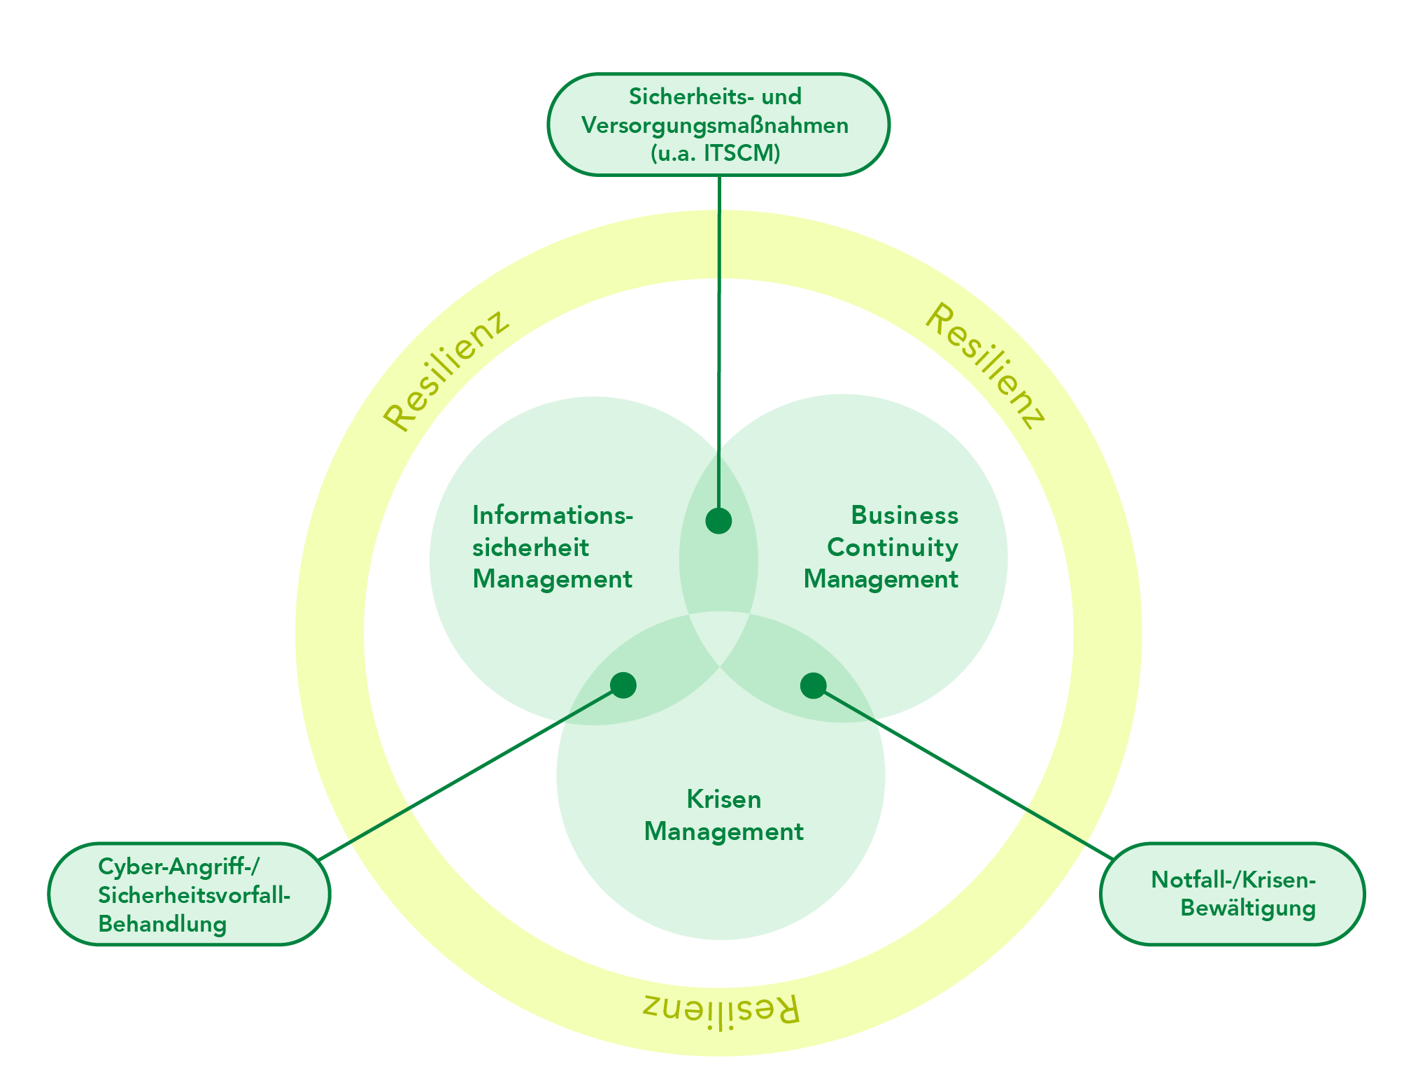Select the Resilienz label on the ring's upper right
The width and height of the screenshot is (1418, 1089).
[985, 366]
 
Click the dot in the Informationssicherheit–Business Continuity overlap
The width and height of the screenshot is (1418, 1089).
[718, 520]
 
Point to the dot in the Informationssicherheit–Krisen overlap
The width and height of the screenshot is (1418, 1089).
[623, 685]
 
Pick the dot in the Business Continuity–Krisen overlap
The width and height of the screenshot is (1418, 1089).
[813, 685]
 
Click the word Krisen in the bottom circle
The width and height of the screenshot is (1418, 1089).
[723, 799]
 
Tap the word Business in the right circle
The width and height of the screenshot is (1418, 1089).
[904, 515]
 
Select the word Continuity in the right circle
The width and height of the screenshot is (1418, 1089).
[892, 547]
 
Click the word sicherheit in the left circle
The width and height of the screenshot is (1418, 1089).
[530, 547]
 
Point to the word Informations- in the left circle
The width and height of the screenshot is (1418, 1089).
[553, 515]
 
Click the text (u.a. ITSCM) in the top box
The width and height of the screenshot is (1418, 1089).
[715, 153]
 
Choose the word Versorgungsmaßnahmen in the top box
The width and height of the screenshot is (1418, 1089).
[715, 125]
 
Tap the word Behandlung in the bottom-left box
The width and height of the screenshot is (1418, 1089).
[162, 924]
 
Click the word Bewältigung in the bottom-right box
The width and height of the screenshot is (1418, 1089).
[1248, 909]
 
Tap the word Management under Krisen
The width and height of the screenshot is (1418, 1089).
[723, 832]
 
